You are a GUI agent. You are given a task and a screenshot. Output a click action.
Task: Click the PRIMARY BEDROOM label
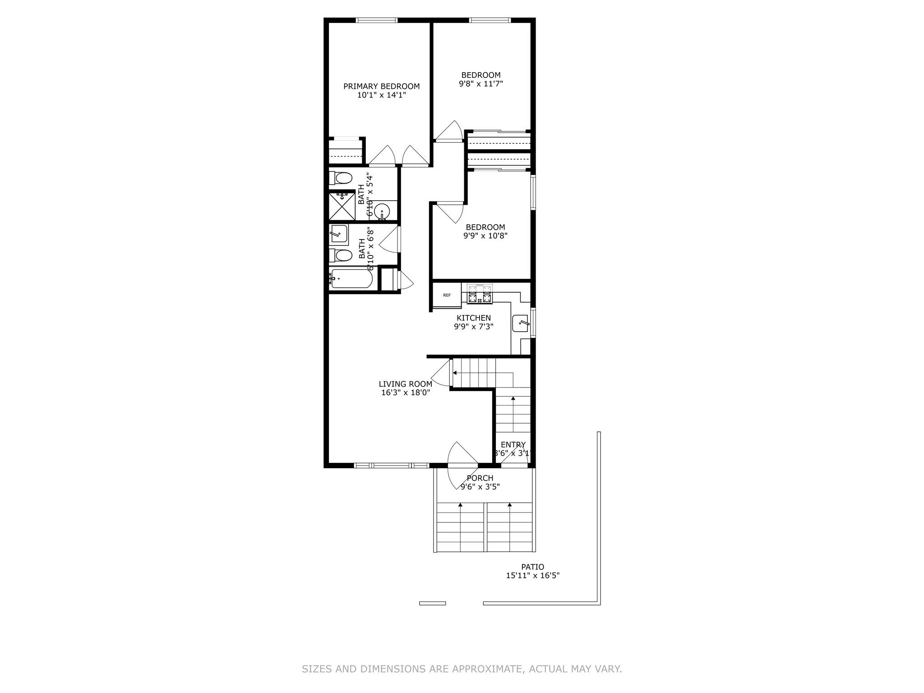click(381, 86)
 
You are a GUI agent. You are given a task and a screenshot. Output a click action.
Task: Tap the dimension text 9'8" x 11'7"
click(480, 83)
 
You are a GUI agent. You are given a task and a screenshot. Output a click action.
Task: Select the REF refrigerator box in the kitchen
click(447, 295)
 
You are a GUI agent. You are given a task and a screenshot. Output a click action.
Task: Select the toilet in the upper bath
click(341, 178)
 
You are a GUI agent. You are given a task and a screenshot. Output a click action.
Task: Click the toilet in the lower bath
click(341, 256)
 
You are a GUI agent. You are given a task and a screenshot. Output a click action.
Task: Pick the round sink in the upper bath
click(382, 211)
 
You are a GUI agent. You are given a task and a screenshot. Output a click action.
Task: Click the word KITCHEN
click(473, 318)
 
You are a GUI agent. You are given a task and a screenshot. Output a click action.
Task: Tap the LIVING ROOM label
click(405, 384)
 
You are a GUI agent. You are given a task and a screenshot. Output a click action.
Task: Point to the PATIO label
click(532, 567)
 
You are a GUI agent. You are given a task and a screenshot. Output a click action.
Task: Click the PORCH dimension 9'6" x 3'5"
click(480, 487)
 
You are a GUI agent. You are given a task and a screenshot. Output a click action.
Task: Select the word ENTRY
click(513, 445)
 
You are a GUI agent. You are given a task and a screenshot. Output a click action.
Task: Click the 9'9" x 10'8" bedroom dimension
click(485, 236)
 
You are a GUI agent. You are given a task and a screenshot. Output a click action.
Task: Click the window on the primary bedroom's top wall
click(376, 20)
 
